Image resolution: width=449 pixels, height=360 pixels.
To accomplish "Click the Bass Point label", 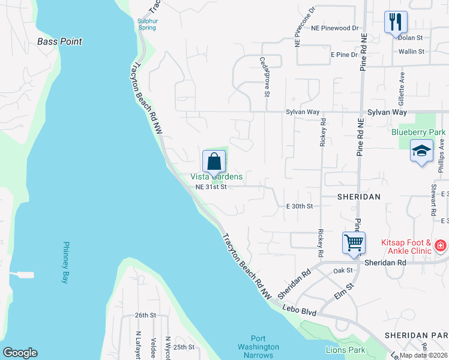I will [x=59, y=41].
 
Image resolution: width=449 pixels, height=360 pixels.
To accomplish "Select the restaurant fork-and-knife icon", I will [x=396, y=22].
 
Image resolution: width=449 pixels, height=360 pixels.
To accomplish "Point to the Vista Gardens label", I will [x=217, y=176].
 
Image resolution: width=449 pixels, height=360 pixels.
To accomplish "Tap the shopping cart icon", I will [x=354, y=243].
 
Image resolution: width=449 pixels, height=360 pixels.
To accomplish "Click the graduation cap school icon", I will [x=421, y=150].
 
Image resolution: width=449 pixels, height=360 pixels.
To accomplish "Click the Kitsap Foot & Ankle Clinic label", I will [x=406, y=247].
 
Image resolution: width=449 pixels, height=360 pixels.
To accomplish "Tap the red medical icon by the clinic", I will [x=440, y=245].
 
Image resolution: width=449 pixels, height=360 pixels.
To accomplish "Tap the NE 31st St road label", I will [x=211, y=187].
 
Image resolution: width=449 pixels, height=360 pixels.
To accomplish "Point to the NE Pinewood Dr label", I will [x=334, y=28].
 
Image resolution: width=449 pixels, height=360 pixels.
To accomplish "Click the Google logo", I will [x=20, y=352].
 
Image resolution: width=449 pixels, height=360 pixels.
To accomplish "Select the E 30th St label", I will [x=300, y=206].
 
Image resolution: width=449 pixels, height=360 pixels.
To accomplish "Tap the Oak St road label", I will [x=343, y=271].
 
